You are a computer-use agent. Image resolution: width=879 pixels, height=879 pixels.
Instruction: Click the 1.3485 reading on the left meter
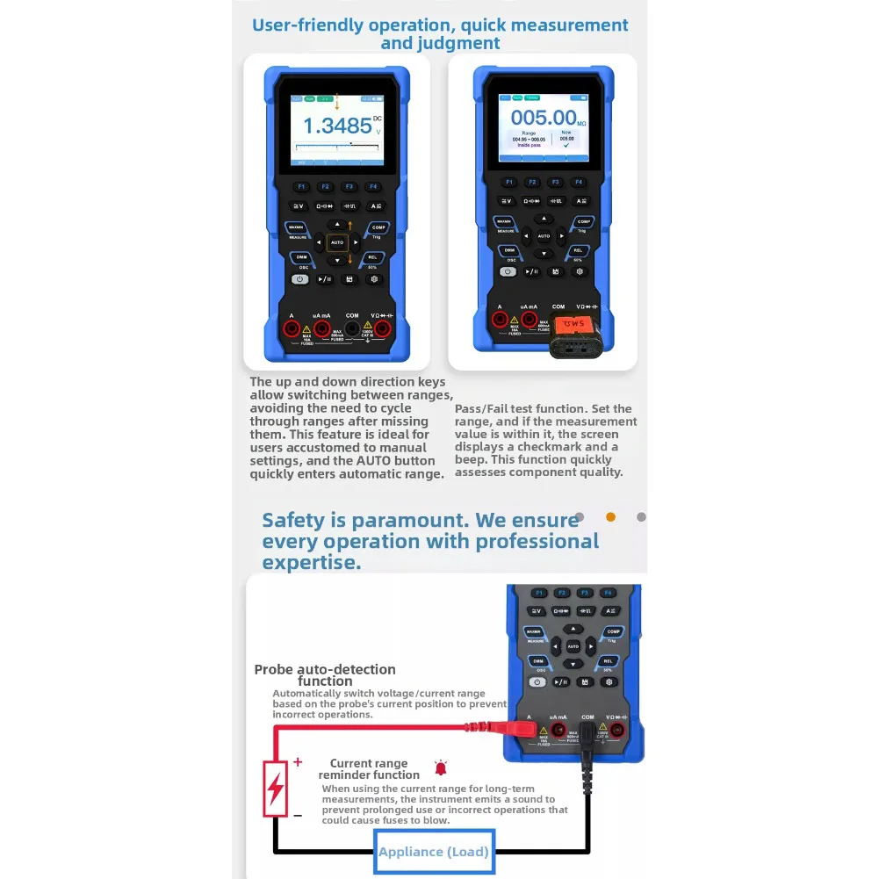337,126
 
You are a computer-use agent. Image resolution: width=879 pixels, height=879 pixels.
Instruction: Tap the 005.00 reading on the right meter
543,118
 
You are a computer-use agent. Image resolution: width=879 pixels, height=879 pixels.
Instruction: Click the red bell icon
441,769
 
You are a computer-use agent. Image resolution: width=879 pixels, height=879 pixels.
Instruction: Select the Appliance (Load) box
434,851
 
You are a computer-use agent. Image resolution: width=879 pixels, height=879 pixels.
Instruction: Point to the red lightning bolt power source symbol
276,788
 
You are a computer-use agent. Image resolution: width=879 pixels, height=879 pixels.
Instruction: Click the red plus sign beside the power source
298,761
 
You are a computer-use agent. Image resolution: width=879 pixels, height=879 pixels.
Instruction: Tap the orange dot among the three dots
611,517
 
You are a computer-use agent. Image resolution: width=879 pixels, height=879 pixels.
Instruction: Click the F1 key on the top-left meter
300,186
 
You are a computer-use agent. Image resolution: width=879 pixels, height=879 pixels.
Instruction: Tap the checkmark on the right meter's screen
566,146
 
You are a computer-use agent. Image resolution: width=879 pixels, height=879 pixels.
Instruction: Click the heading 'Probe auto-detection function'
325,675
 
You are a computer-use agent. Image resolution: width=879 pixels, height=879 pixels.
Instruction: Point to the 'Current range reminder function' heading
369,769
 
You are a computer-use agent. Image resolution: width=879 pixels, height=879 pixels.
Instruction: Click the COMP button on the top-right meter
584,223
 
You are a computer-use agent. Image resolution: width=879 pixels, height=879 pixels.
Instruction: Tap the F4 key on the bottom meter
608,594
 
